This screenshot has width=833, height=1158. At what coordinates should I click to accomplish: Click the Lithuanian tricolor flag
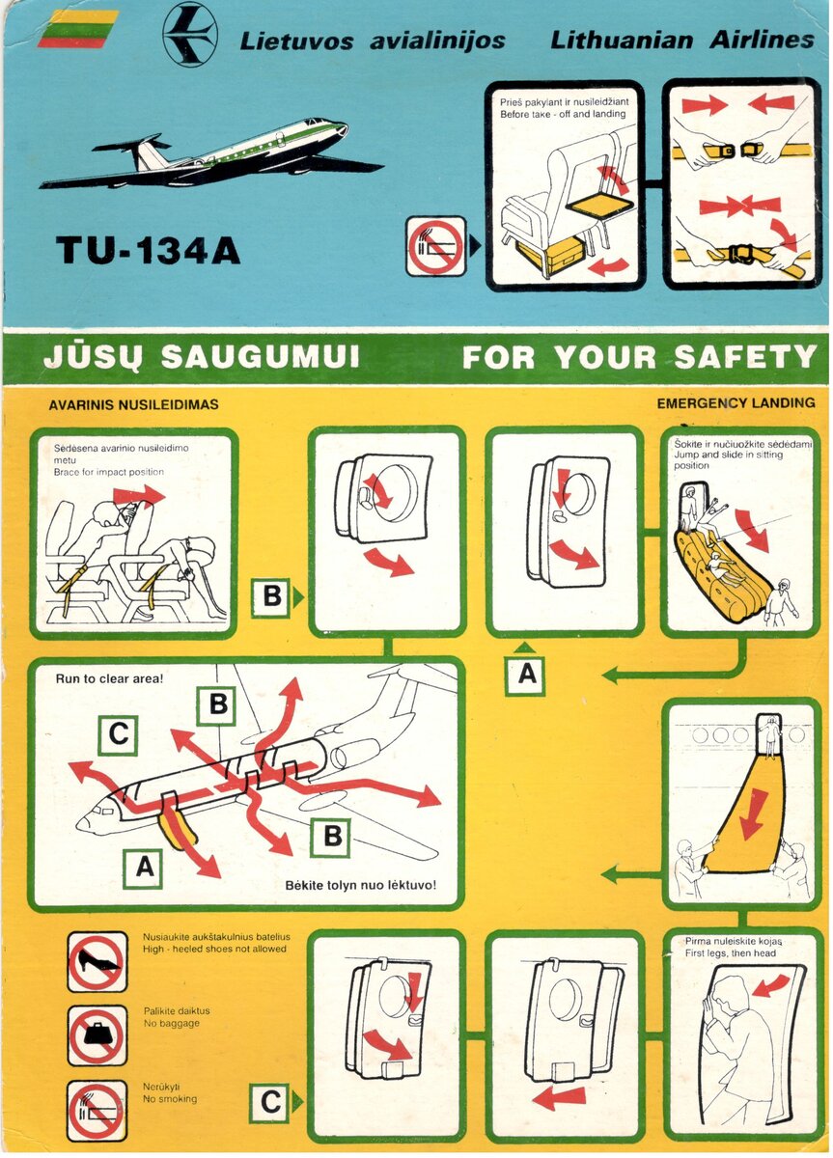(x=78, y=29)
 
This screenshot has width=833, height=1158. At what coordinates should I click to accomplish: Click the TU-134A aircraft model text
(x=148, y=250)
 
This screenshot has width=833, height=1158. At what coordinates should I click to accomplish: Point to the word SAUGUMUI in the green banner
(x=260, y=357)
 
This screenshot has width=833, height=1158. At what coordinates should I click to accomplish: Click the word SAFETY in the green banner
(x=744, y=356)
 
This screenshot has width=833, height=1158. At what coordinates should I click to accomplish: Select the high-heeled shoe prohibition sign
(x=97, y=961)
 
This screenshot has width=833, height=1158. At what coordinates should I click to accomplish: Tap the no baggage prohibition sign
(x=97, y=1035)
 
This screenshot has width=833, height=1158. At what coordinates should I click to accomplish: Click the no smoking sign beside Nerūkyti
(x=97, y=1111)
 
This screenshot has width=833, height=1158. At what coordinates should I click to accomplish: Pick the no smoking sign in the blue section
(x=436, y=246)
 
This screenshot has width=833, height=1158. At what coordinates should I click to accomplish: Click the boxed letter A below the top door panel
(x=526, y=674)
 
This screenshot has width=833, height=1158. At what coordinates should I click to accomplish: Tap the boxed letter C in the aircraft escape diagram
(x=119, y=734)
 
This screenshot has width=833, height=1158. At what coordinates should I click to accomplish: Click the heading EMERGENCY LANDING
(x=736, y=403)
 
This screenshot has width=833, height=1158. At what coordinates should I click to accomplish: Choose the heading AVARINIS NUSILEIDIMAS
(x=133, y=404)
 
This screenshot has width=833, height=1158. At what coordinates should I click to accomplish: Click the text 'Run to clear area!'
(x=109, y=678)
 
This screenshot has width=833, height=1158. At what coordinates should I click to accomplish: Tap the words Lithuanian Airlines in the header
(x=682, y=40)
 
